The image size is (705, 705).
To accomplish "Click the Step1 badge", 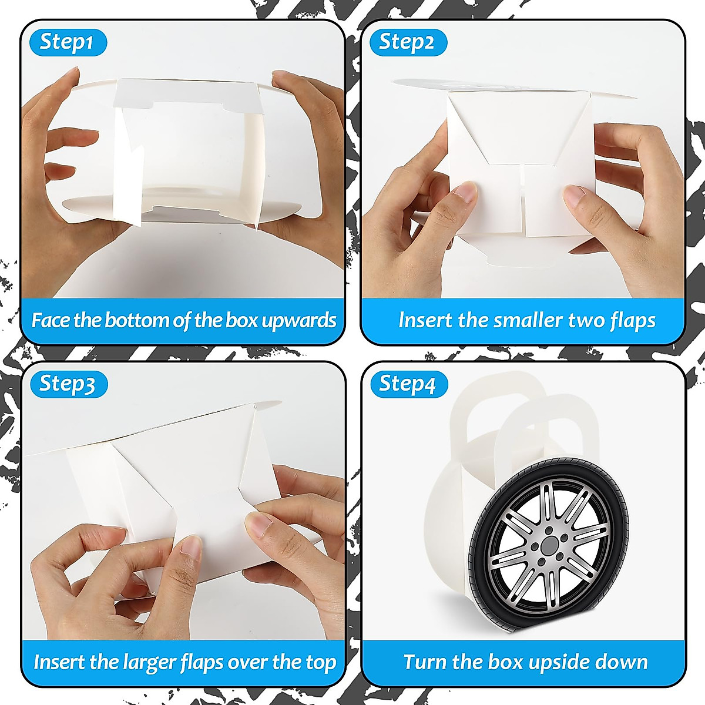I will point(66,42).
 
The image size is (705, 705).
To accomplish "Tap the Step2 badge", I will point(407,42).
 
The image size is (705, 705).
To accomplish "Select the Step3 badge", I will point(66,384).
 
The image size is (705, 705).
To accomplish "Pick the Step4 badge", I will point(407,384).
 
